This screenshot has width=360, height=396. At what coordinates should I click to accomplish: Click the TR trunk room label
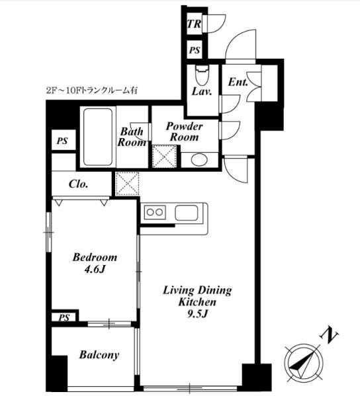tap(194, 24)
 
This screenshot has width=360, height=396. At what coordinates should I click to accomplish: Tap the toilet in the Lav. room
tap(202, 75)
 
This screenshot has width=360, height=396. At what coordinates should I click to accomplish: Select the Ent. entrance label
tap(238, 82)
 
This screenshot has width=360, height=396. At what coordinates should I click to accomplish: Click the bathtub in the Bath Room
tap(98, 137)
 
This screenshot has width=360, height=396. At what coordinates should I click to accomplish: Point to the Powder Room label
tap(184, 132)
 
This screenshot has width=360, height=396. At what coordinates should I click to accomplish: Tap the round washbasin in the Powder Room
tap(199, 160)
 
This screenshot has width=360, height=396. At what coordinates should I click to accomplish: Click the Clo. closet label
tap(78, 184)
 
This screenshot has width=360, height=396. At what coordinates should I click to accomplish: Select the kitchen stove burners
tap(155, 212)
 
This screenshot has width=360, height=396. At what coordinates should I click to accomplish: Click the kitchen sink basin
tap(187, 213)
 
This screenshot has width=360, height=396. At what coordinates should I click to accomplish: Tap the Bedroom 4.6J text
tap(95, 263)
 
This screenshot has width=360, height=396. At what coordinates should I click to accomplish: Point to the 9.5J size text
tap(197, 314)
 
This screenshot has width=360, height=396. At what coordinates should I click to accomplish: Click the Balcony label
tap(99, 355)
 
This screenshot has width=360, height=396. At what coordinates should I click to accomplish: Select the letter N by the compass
tap(329, 335)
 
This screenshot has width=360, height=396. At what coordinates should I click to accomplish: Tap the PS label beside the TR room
tap(195, 50)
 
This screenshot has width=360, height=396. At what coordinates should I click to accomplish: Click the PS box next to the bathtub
tap(64, 140)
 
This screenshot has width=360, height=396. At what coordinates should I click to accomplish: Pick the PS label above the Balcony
tap(64, 317)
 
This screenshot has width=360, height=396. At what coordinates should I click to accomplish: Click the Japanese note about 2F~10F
tap(92, 91)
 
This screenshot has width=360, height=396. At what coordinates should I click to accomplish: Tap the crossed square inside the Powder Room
tap(164, 156)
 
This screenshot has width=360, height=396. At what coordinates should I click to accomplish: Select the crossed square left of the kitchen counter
tap(127, 184)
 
